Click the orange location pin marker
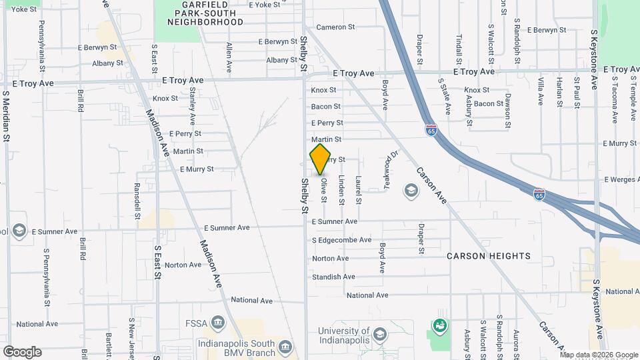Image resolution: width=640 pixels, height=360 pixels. tap(320, 159)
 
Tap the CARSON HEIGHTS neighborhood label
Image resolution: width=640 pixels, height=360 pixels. tap(489, 256)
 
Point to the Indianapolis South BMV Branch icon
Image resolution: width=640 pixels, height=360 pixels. tap(285, 347)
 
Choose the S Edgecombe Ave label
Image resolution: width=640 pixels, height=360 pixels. tap(341, 240)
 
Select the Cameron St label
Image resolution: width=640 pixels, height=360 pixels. tap(335, 27)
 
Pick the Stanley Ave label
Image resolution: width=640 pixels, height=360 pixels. tap(193, 106)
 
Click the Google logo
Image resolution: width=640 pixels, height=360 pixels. tap(22, 352)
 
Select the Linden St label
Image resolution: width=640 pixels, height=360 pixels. tap(341, 189)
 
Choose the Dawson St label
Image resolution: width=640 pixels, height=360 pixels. tap(507, 111)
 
